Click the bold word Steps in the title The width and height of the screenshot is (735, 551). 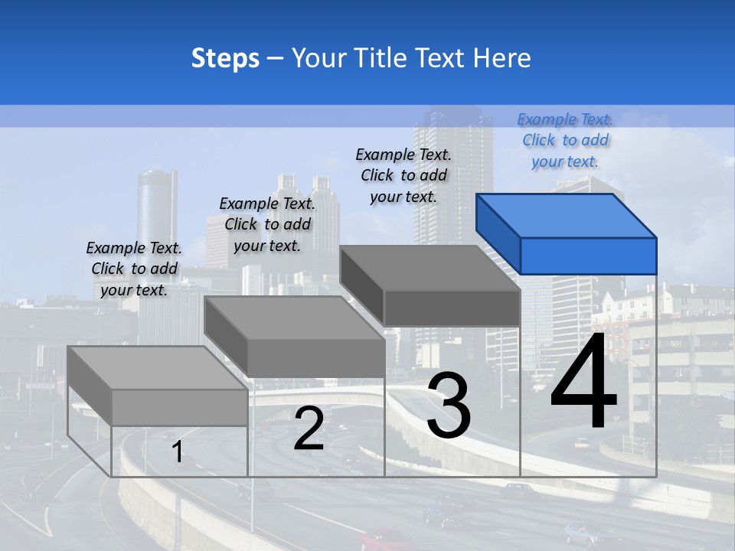pos(225,58)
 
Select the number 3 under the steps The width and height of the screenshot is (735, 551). pos(449,407)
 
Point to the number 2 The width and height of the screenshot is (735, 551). pos(309,429)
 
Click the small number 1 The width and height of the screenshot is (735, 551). pos(178,452)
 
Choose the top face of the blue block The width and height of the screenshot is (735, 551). pos(565,215)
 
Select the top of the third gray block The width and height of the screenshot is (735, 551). pos(429,268)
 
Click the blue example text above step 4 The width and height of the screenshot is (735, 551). pos(565,140)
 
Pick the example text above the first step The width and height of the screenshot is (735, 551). pos(134,269)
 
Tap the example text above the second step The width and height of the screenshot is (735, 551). pos(267,224)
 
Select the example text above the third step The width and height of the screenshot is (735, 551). pos(403,175)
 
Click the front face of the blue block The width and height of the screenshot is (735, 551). pos(588,256)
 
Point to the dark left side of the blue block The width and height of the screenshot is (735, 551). pos(498,233)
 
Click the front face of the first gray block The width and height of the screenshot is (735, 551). pos(179,407)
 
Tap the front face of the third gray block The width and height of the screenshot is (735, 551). pos(452,308)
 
